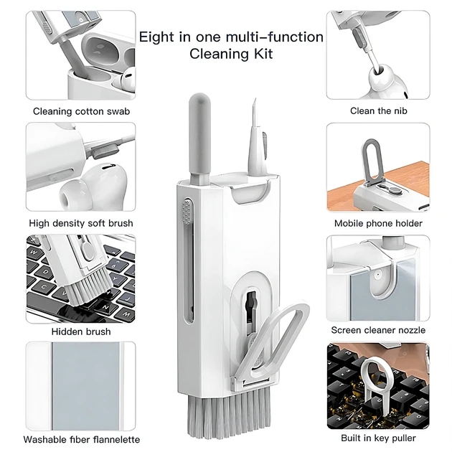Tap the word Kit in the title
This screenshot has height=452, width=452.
(x=263, y=54)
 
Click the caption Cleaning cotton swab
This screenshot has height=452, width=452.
(x=81, y=111)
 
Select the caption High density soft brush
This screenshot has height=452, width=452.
(x=81, y=223)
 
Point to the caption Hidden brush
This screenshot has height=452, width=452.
(x=81, y=331)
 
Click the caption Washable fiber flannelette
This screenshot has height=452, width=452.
(x=82, y=439)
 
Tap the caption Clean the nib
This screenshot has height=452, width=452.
(x=379, y=110)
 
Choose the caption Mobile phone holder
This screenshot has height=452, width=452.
(x=378, y=223)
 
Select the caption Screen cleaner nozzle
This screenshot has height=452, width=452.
(x=378, y=330)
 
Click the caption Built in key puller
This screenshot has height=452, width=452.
(x=378, y=438)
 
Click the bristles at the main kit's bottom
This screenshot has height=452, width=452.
(x=229, y=413)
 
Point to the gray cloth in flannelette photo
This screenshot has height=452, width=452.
(x=85, y=386)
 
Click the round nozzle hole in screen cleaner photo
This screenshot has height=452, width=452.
(x=377, y=276)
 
